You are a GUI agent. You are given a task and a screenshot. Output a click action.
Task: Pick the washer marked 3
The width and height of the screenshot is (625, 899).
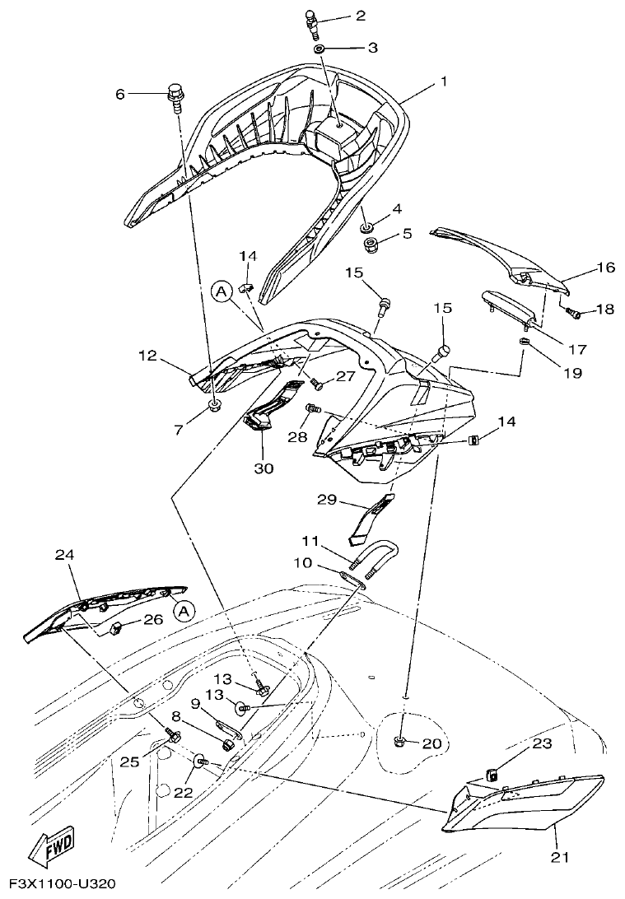[x=319, y=49]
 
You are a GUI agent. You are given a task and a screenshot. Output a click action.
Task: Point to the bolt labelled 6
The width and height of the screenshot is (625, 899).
[x=175, y=95]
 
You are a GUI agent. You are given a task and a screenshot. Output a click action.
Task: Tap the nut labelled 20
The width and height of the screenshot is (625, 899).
[x=399, y=743]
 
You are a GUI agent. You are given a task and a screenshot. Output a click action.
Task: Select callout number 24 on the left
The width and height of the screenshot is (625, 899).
[x=64, y=556]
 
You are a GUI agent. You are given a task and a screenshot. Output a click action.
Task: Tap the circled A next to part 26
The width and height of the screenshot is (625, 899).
[x=184, y=610]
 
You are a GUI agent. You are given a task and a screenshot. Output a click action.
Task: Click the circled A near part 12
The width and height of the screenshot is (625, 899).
[x=220, y=290]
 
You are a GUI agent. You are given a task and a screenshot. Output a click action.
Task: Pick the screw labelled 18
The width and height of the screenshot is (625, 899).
[x=574, y=313]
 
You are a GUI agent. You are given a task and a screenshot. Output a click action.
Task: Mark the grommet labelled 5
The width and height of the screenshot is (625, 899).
[x=371, y=245]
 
